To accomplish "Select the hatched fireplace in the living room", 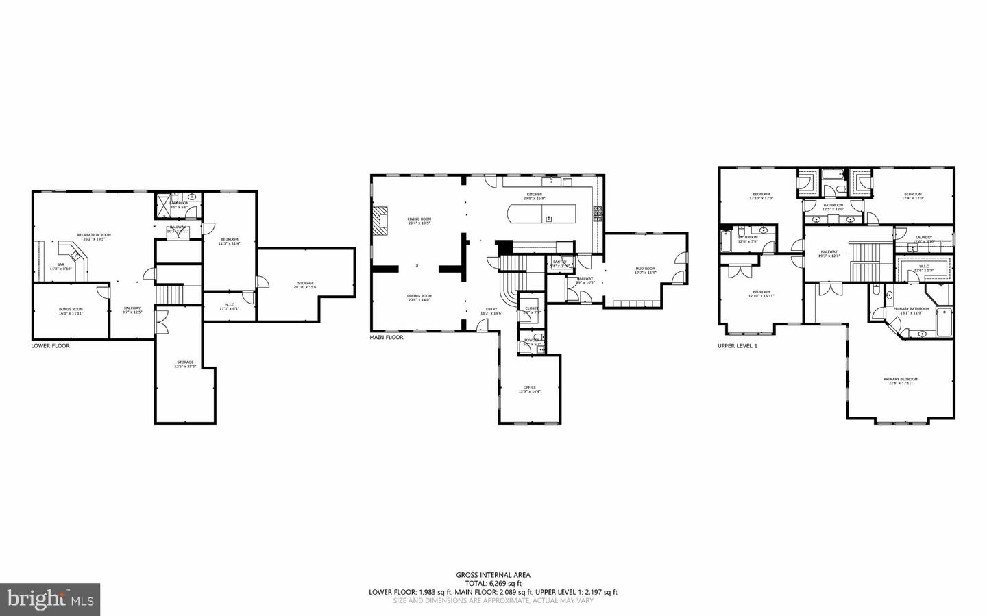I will coord(380,220).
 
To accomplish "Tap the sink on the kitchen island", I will coord(549,218).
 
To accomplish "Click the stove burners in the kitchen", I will coord(597,214).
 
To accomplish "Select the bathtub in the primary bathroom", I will coord(944,322).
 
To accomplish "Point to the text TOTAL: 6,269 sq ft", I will coord(493,584).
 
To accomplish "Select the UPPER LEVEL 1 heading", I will coord(737,346).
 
